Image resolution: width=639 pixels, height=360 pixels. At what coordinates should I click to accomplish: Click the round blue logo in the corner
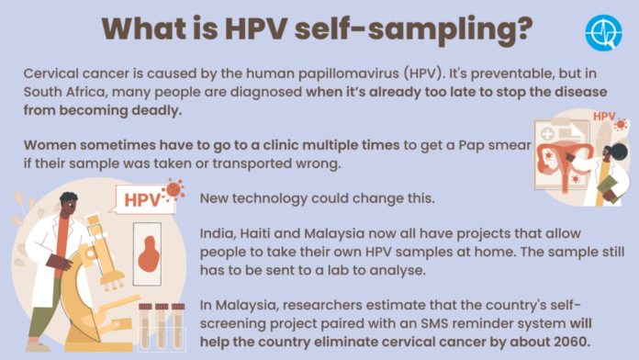[x=603, y=32]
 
